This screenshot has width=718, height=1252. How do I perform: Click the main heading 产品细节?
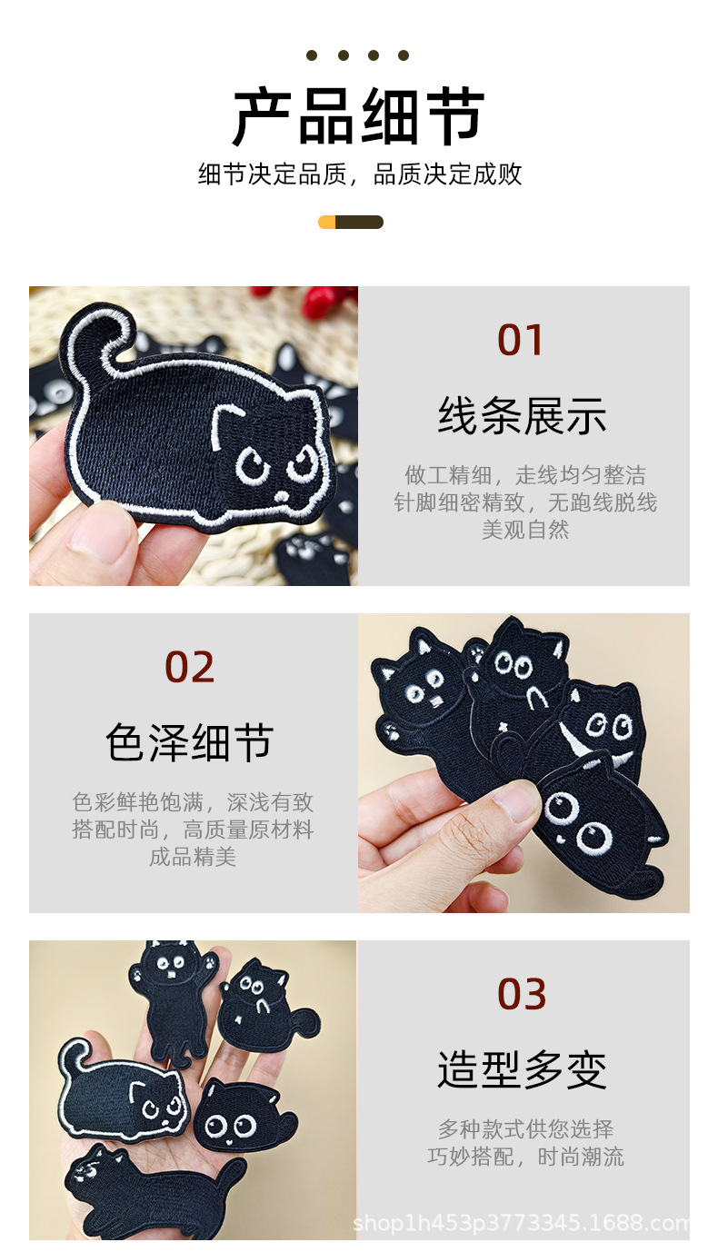click(x=359, y=117)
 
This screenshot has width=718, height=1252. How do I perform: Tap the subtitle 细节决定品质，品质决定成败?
click(x=360, y=174)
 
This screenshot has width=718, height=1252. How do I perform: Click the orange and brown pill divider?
click(x=351, y=222)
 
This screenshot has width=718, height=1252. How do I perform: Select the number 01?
click(x=521, y=341)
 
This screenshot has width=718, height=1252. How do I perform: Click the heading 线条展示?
click(x=522, y=416)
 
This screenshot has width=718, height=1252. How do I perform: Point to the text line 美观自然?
click(x=524, y=530)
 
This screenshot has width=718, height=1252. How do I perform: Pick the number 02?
click(x=189, y=668)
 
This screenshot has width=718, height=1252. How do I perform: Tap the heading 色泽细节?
click(x=189, y=743)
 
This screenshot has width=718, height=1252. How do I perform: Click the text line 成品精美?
click(x=192, y=857)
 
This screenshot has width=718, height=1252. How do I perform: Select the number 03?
click(x=522, y=995)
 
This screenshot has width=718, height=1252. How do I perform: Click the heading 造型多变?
click(x=522, y=1070)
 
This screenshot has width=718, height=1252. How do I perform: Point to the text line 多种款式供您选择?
click(x=525, y=1129)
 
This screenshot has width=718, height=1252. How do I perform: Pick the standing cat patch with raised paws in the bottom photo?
click(x=173, y=995)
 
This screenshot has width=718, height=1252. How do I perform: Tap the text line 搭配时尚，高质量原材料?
click(x=192, y=830)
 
